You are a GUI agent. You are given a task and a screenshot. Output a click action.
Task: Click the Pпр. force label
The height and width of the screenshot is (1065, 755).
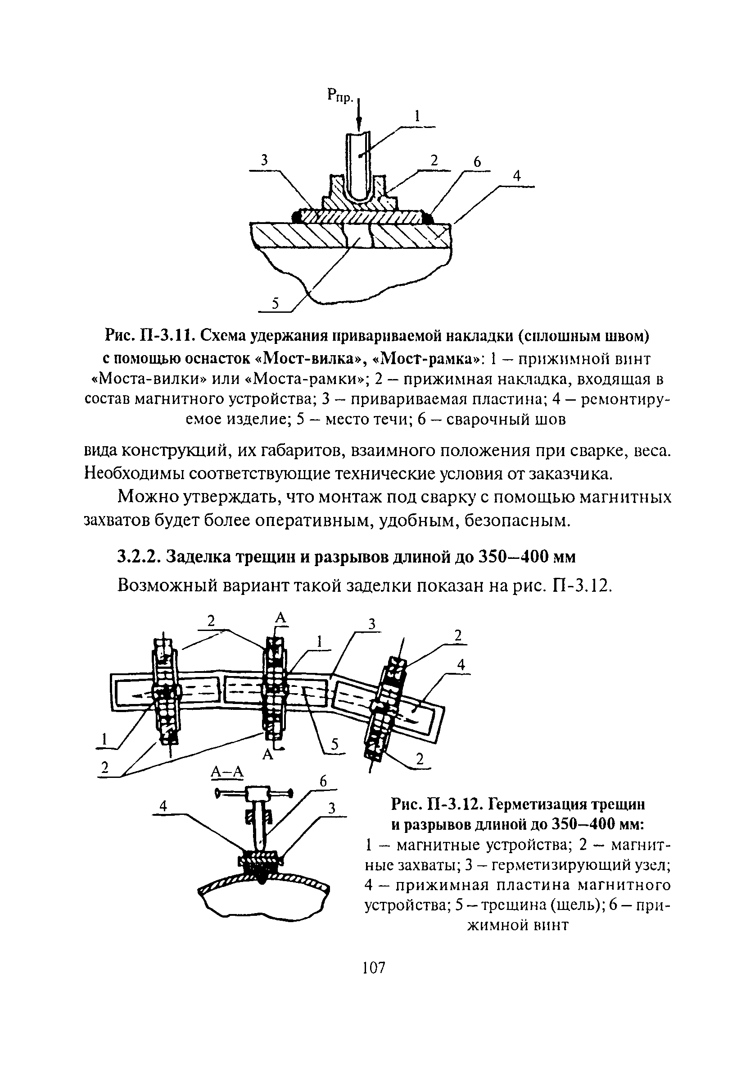341,96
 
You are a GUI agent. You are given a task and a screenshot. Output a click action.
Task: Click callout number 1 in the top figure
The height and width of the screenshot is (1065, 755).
417,116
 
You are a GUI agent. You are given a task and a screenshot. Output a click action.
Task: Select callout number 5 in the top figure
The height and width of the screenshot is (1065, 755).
275,304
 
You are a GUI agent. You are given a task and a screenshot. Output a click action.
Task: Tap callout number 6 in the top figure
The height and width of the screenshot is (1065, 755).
477,162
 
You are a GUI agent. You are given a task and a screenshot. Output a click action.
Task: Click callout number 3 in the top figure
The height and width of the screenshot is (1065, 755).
265,160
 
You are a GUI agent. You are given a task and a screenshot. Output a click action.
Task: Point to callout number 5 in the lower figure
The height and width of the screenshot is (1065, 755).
334,745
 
